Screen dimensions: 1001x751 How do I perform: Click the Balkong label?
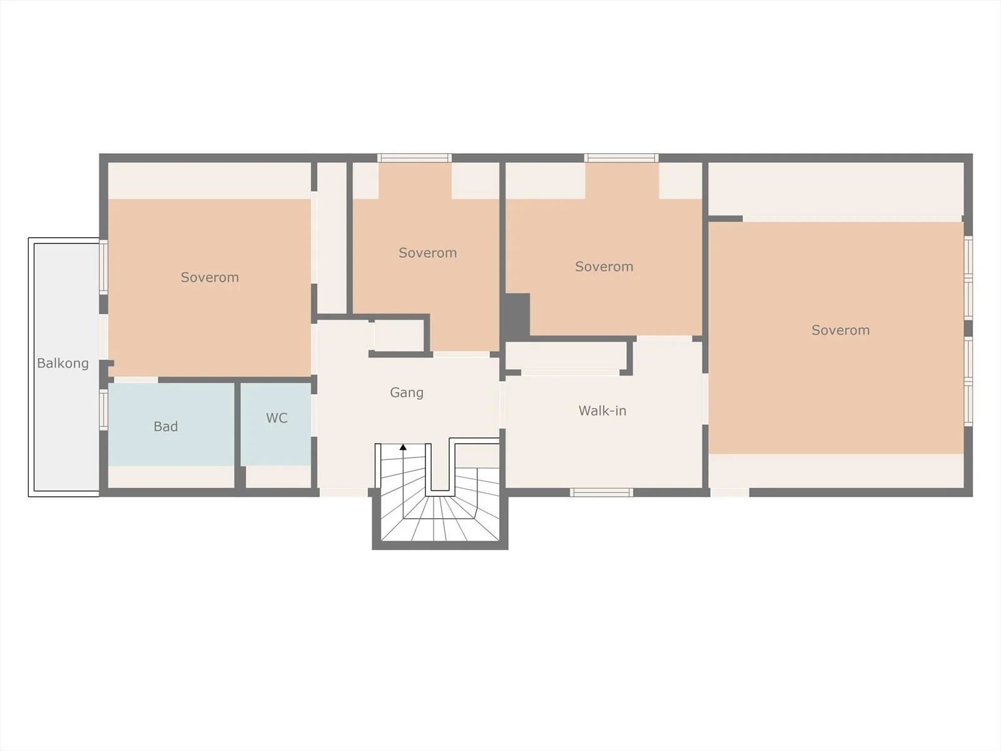pos(63,364)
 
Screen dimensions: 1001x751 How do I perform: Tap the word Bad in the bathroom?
pos(166,426)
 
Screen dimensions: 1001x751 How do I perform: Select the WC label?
pos(277,417)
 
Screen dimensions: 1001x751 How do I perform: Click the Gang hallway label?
pos(407,392)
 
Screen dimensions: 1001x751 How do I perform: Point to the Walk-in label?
pos(602,411)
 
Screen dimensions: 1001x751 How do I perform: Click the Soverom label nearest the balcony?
pos(210,277)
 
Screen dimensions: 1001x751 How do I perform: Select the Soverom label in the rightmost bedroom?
pos(840,330)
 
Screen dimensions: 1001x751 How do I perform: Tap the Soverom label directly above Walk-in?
pos(604,267)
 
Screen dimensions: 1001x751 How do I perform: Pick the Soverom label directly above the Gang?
pos(428,253)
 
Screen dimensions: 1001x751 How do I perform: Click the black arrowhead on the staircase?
pos(403,447)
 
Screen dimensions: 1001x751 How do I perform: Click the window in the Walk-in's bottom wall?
pos(601,493)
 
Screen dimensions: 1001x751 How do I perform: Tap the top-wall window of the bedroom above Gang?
pos(415,158)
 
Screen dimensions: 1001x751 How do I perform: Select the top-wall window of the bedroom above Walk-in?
pos(622,158)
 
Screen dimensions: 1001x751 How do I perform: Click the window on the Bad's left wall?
pos(103,409)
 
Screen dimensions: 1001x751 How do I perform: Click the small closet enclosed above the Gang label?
pos(399,335)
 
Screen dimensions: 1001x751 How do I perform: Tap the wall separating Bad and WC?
pos(238,436)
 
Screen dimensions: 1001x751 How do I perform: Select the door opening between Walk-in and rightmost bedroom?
pos(705,399)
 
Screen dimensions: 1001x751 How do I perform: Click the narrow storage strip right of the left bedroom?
pos(332,238)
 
